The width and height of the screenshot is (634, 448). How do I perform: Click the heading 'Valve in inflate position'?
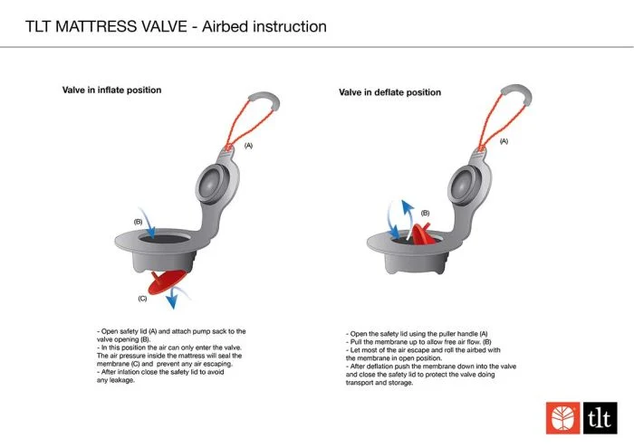pyautogui.click(x=111, y=91)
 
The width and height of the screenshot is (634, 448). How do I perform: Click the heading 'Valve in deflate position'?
pyautogui.click(x=389, y=92)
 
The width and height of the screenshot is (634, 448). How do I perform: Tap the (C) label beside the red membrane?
pyautogui.click(x=142, y=299)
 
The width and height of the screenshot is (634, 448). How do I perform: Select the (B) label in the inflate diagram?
pyautogui.click(x=138, y=222)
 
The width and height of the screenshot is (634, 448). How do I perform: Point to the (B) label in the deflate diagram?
pyautogui.click(x=425, y=213)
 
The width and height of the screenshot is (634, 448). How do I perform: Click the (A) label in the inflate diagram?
pyautogui.click(x=248, y=146)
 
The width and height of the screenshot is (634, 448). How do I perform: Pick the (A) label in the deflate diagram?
pyautogui.click(x=504, y=141)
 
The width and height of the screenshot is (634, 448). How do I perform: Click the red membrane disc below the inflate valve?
pyautogui.click(x=167, y=281)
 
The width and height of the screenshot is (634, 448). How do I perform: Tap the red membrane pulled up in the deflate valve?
pyautogui.click(x=423, y=234)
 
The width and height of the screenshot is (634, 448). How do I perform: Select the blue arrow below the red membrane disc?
pyautogui.click(x=175, y=297)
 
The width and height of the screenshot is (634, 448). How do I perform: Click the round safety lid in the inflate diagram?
pyautogui.click(x=212, y=185)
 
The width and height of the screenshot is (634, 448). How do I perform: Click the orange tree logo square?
pyautogui.click(x=562, y=418)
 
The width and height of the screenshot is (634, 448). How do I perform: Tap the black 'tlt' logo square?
pyautogui.click(x=600, y=418)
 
